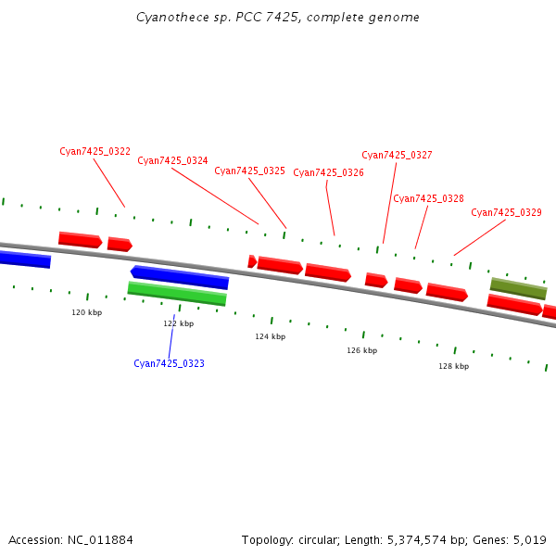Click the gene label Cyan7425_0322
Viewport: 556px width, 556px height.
(x=95, y=151)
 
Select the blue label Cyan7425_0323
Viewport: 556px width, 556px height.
(x=169, y=363)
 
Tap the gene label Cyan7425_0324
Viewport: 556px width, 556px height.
(x=172, y=160)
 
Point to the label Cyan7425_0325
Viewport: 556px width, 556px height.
(x=249, y=171)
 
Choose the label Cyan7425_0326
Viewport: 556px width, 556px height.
(x=328, y=172)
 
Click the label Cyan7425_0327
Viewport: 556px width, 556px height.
(x=397, y=155)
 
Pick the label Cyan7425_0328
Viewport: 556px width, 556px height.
(x=428, y=198)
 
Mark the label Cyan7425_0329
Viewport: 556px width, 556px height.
(x=506, y=212)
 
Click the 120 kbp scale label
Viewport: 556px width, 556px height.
(x=86, y=312)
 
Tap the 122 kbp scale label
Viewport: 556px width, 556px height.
(x=178, y=323)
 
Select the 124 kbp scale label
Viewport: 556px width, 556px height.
(x=270, y=336)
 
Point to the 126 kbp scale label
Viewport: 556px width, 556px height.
(x=361, y=350)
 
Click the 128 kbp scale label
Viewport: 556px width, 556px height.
(x=453, y=366)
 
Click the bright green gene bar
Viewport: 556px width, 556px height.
(x=177, y=294)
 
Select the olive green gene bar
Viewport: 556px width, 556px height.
(x=518, y=289)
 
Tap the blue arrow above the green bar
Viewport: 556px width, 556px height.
(x=180, y=277)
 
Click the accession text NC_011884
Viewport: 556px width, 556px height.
(x=99, y=539)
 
